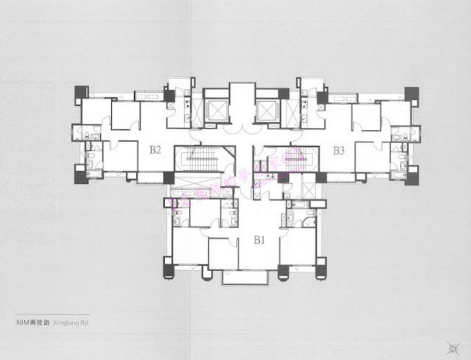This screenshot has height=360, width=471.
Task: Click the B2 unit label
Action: click(x=155, y=150)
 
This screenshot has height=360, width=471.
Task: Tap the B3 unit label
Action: click(x=339, y=151)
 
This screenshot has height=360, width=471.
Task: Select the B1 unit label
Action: click(x=260, y=239)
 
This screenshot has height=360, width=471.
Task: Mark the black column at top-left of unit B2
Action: click(x=79, y=93)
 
